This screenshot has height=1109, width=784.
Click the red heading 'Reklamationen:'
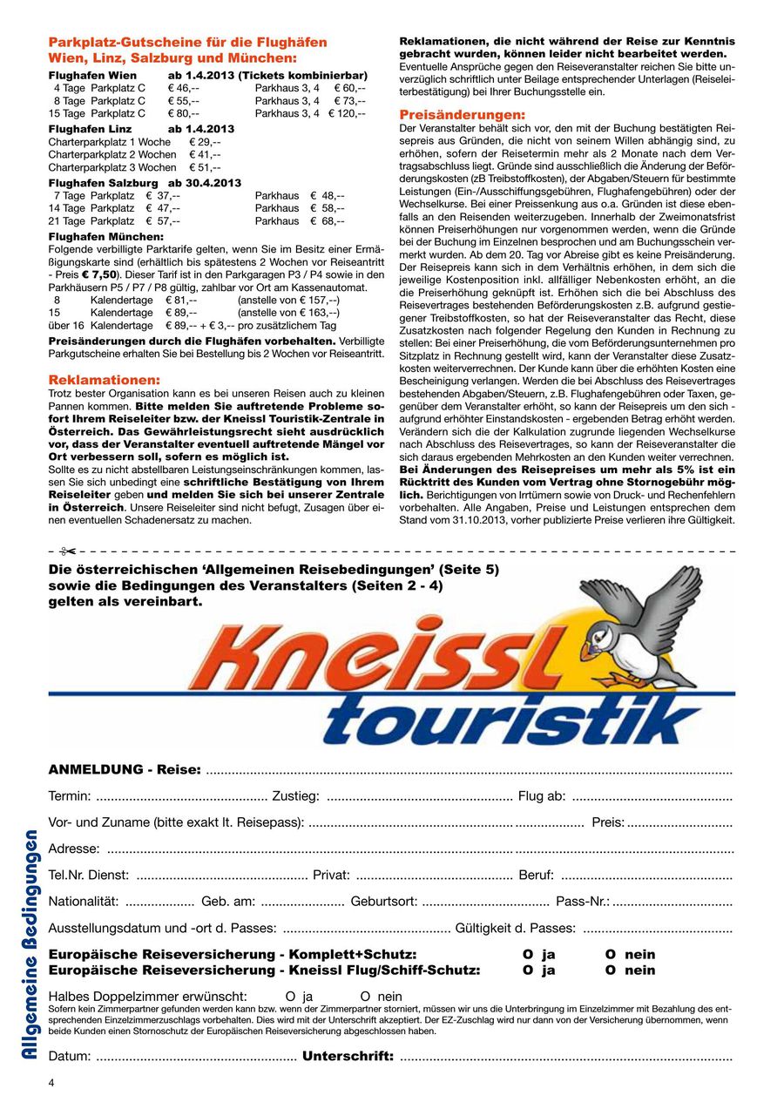[x=105, y=380]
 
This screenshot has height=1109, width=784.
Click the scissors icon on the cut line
[x=68, y=551]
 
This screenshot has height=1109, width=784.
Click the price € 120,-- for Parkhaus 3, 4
[x=347, y=113]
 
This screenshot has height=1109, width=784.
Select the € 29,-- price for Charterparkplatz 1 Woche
[x=205, y=141]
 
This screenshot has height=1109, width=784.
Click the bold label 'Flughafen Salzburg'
[x=104, y=183]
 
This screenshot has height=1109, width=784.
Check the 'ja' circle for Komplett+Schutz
[x=527, y=955]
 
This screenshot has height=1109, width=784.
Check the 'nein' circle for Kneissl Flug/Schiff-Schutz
[x=611, y=970]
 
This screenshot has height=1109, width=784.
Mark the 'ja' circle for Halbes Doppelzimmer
[x=290, y=997]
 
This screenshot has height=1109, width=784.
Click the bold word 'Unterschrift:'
[x=348, y=1057]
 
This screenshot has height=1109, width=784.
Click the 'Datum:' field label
[x=70, y=1057]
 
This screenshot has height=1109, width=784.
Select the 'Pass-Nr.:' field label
[x=583, y=901]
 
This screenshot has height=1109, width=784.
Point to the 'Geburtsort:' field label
[x=384, y=901]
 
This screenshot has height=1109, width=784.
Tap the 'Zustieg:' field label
[x=296, y=795]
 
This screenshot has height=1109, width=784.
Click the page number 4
[x=51, y=1083]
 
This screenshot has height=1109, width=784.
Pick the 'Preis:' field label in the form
[x=608, y=822]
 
